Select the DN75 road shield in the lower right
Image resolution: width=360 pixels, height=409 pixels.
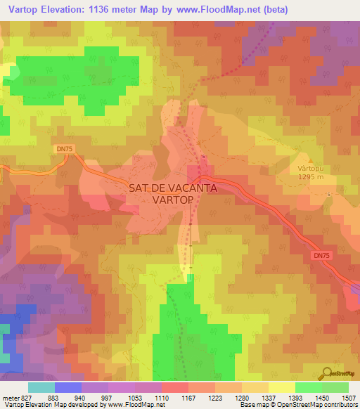(x=322, y=257)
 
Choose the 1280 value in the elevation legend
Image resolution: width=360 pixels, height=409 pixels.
(x=241, y=398)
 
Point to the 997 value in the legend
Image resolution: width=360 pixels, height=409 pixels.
(x=108, y=398)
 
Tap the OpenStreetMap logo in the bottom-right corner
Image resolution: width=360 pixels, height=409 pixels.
(x=340, y=374)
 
